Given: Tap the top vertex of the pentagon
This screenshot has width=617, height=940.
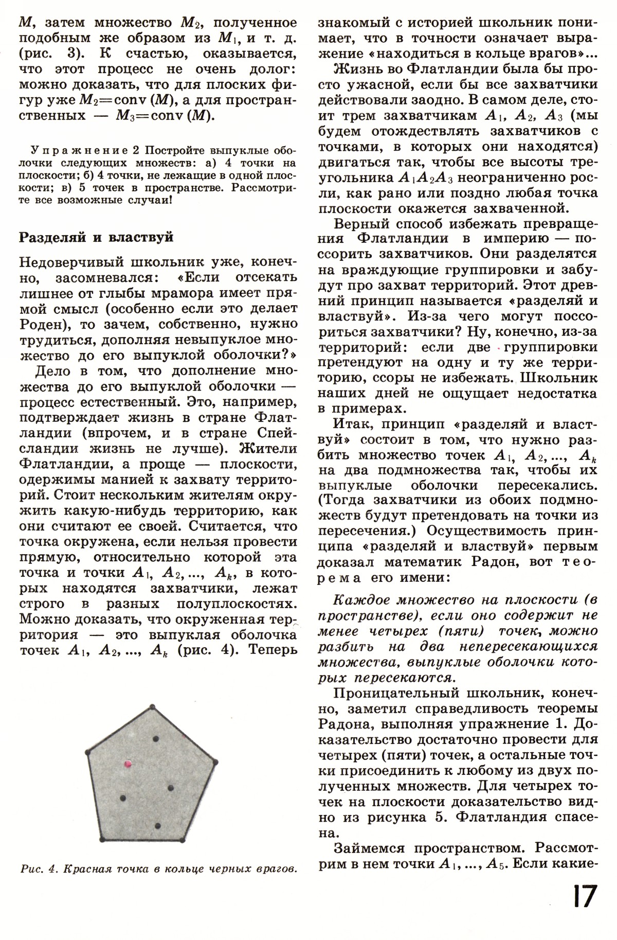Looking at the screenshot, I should click(x=152, y=706).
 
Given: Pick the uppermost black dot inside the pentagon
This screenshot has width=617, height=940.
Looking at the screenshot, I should click(x=156, y=739).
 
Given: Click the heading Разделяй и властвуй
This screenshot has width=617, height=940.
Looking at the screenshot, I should click(x=96, y=237).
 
